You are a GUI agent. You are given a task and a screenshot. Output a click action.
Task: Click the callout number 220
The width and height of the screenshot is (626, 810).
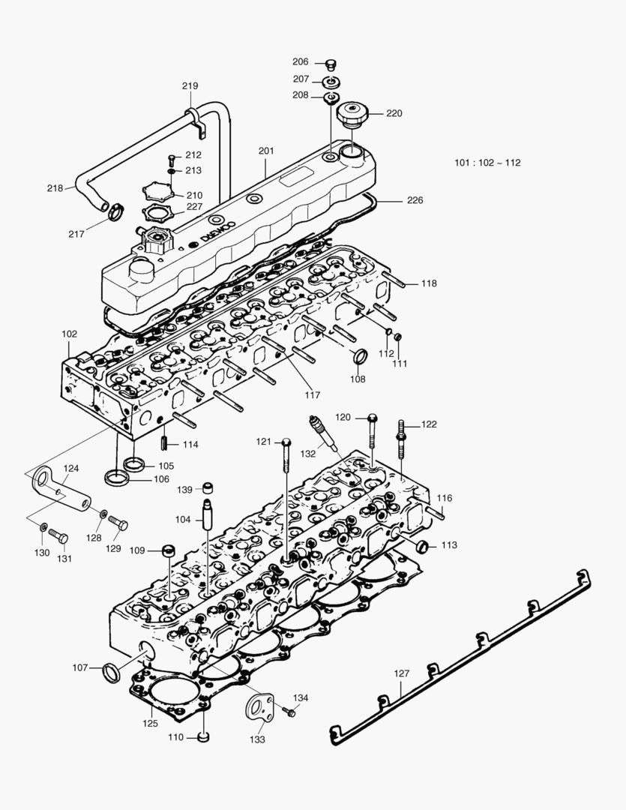394,114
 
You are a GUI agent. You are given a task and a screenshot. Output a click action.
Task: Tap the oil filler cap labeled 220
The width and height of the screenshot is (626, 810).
351,116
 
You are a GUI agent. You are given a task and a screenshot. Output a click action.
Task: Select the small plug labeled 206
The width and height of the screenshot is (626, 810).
331,64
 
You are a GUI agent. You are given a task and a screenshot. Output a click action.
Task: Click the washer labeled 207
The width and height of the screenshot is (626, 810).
331,80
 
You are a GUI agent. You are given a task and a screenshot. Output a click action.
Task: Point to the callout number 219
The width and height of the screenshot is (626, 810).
190,86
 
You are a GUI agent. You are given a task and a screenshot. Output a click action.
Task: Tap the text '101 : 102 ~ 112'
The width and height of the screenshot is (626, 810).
487,163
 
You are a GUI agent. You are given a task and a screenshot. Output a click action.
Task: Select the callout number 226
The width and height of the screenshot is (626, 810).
415,200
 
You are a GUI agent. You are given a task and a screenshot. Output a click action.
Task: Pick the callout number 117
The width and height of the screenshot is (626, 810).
313,394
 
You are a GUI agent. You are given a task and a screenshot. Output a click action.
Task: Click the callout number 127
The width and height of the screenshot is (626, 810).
402,673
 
